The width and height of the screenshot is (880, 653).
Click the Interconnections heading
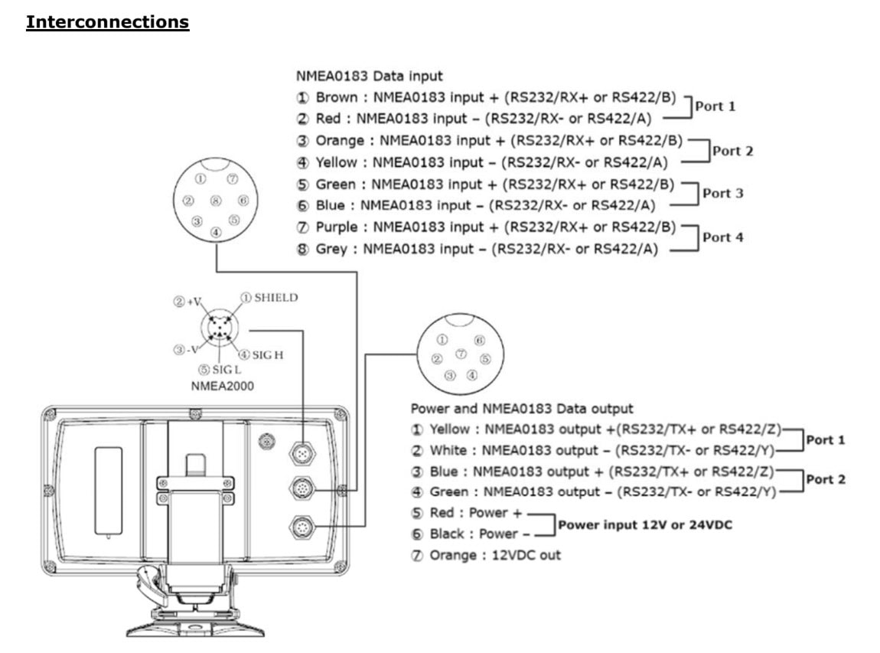[107, 22]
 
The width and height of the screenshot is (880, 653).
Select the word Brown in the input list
[336, 97]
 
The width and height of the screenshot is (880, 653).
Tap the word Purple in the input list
[336, 227]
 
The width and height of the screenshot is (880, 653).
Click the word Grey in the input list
[331, 249]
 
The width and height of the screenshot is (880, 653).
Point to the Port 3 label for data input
[723, 193]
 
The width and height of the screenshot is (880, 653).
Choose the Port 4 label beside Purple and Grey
[723, 237]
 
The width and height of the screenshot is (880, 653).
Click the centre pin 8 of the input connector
[216, 201]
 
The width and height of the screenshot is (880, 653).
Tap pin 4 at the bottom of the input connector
[216, 232]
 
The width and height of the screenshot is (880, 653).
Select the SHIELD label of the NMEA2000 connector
[275, 298]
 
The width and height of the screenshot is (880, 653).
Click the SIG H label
[268, 355]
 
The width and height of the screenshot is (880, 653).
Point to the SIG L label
[227, 370]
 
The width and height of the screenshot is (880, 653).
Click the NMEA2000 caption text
[222, 387]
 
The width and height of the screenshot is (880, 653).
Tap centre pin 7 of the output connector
[461, 353]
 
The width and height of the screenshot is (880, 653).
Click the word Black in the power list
[447, 534]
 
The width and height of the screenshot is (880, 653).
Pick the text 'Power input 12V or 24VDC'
[645, 525]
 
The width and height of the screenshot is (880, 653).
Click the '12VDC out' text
[526, 555]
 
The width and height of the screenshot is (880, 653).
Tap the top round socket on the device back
[302, 452]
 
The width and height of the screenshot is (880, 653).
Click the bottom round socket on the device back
[302, 527]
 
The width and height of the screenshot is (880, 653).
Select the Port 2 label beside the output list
[826, 479]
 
